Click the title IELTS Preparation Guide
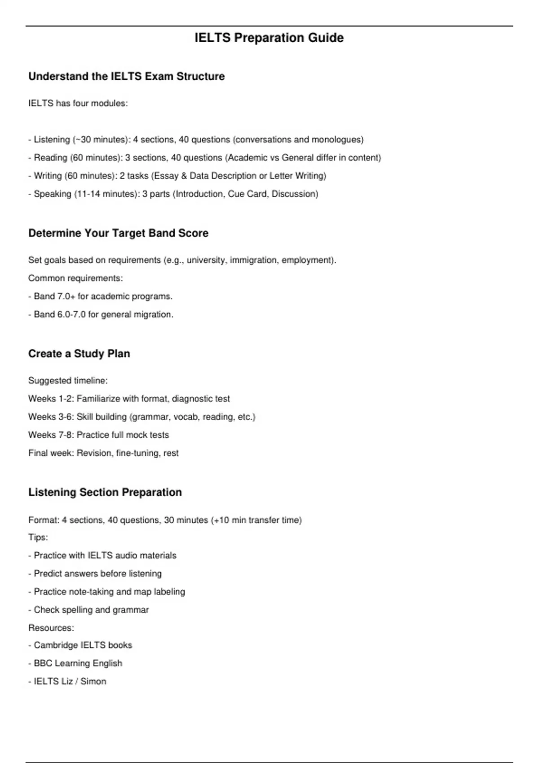[x=269, y=38]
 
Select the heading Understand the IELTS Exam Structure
[x=126, y=76]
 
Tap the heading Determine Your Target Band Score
[x=118, y=233]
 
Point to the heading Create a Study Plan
[x=79, y=354]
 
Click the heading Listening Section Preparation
[x=105, y=492]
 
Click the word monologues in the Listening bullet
[x=338, y=140]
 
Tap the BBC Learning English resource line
[x=78, y=663]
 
